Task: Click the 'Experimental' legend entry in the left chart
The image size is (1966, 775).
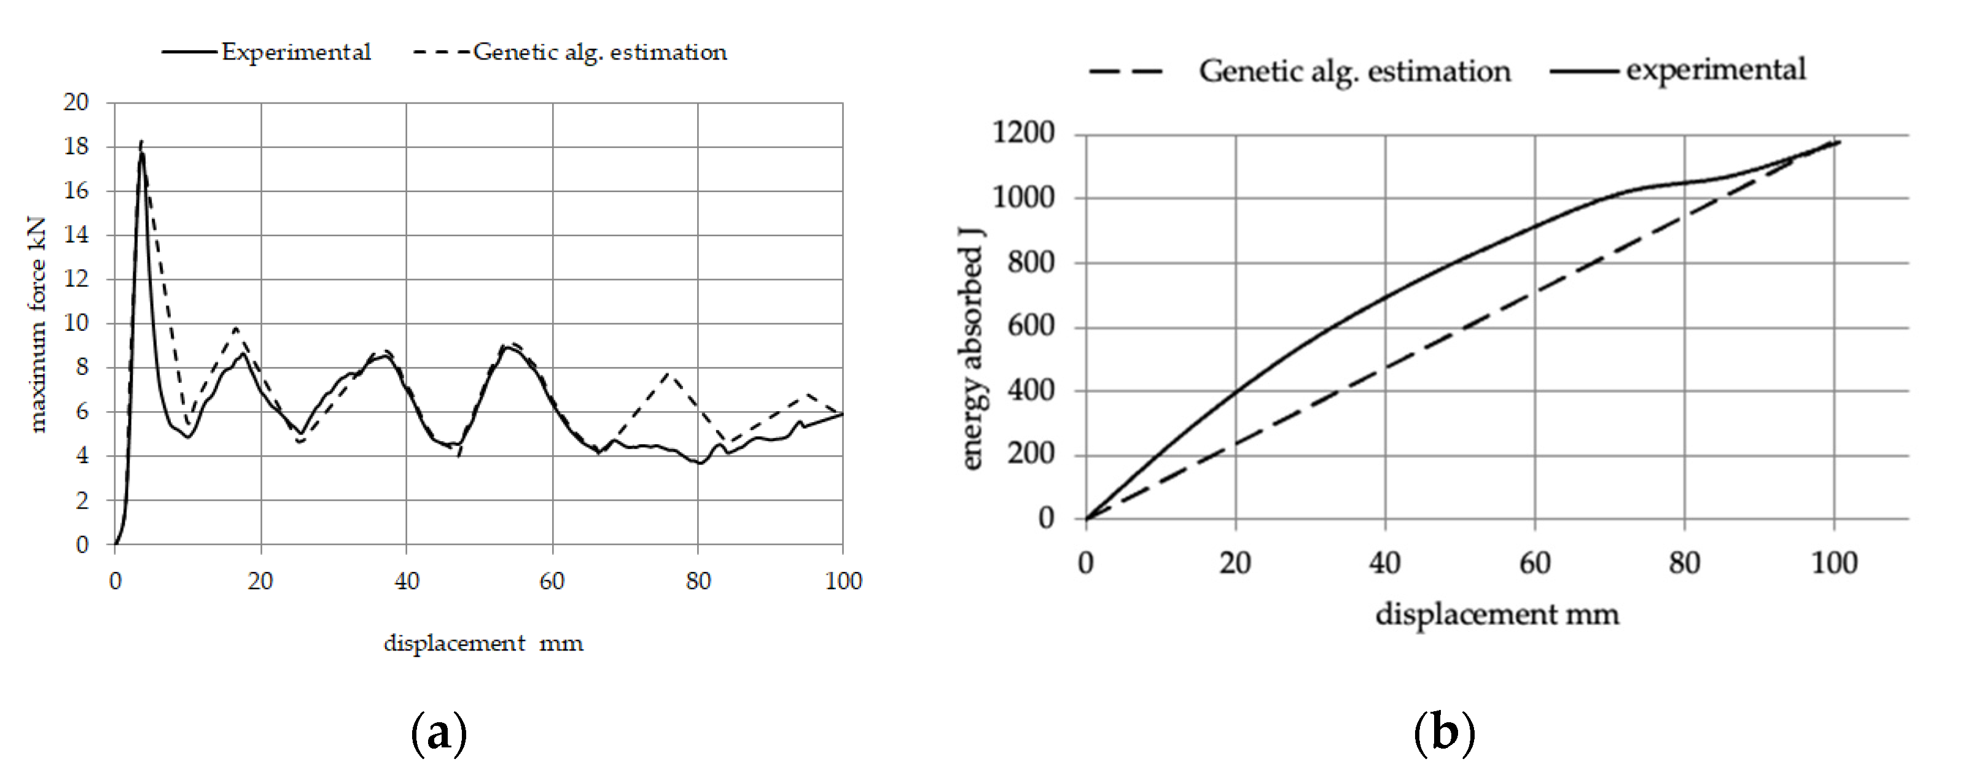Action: (x=295, y=52)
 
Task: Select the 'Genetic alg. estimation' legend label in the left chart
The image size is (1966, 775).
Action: (x=600, y=52)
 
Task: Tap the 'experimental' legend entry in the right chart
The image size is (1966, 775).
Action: (x=1715, y=69)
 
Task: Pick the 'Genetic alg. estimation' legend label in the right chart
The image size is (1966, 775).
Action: (x=1355, y=71)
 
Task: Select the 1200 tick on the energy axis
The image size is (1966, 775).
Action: (x=1023, y=133)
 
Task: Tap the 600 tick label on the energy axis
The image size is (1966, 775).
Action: (x=1031, y=326)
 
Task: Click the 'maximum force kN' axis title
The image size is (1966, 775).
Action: (x=37, y=324)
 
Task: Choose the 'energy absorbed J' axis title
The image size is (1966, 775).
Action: (x=971, y=348)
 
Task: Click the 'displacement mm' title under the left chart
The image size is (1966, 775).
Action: (x=483, y=643)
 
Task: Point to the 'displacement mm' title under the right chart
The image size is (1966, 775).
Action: (x=1497, y=614)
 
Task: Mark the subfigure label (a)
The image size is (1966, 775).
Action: (x=439, y=733)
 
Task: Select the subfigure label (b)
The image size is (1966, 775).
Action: (x=1444, y=733)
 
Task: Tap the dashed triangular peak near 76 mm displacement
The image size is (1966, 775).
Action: (x=669, y=373)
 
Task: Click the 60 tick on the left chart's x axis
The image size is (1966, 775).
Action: (x=552, y=581)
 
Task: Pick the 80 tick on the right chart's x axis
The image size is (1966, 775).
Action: (x=1684, y=563)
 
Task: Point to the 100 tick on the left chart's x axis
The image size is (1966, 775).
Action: (x=843, y=581)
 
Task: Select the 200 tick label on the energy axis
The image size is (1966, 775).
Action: (x=1031, y=454)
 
